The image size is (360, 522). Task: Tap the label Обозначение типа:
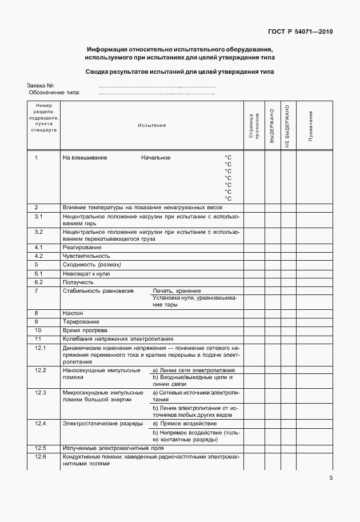(x=55, y=92)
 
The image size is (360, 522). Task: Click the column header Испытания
(x=151, y=125)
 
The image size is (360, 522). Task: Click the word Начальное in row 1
(x=156, y=157)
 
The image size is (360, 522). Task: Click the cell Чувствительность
(x=86, y=256)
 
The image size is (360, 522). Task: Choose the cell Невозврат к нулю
(x=86, y=274)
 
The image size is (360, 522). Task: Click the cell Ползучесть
(x=78, y=282)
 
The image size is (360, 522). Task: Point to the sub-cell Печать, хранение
(x=177, y=291)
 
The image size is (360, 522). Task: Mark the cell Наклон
(x=73, y=313)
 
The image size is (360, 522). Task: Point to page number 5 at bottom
(x=331, y=479)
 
